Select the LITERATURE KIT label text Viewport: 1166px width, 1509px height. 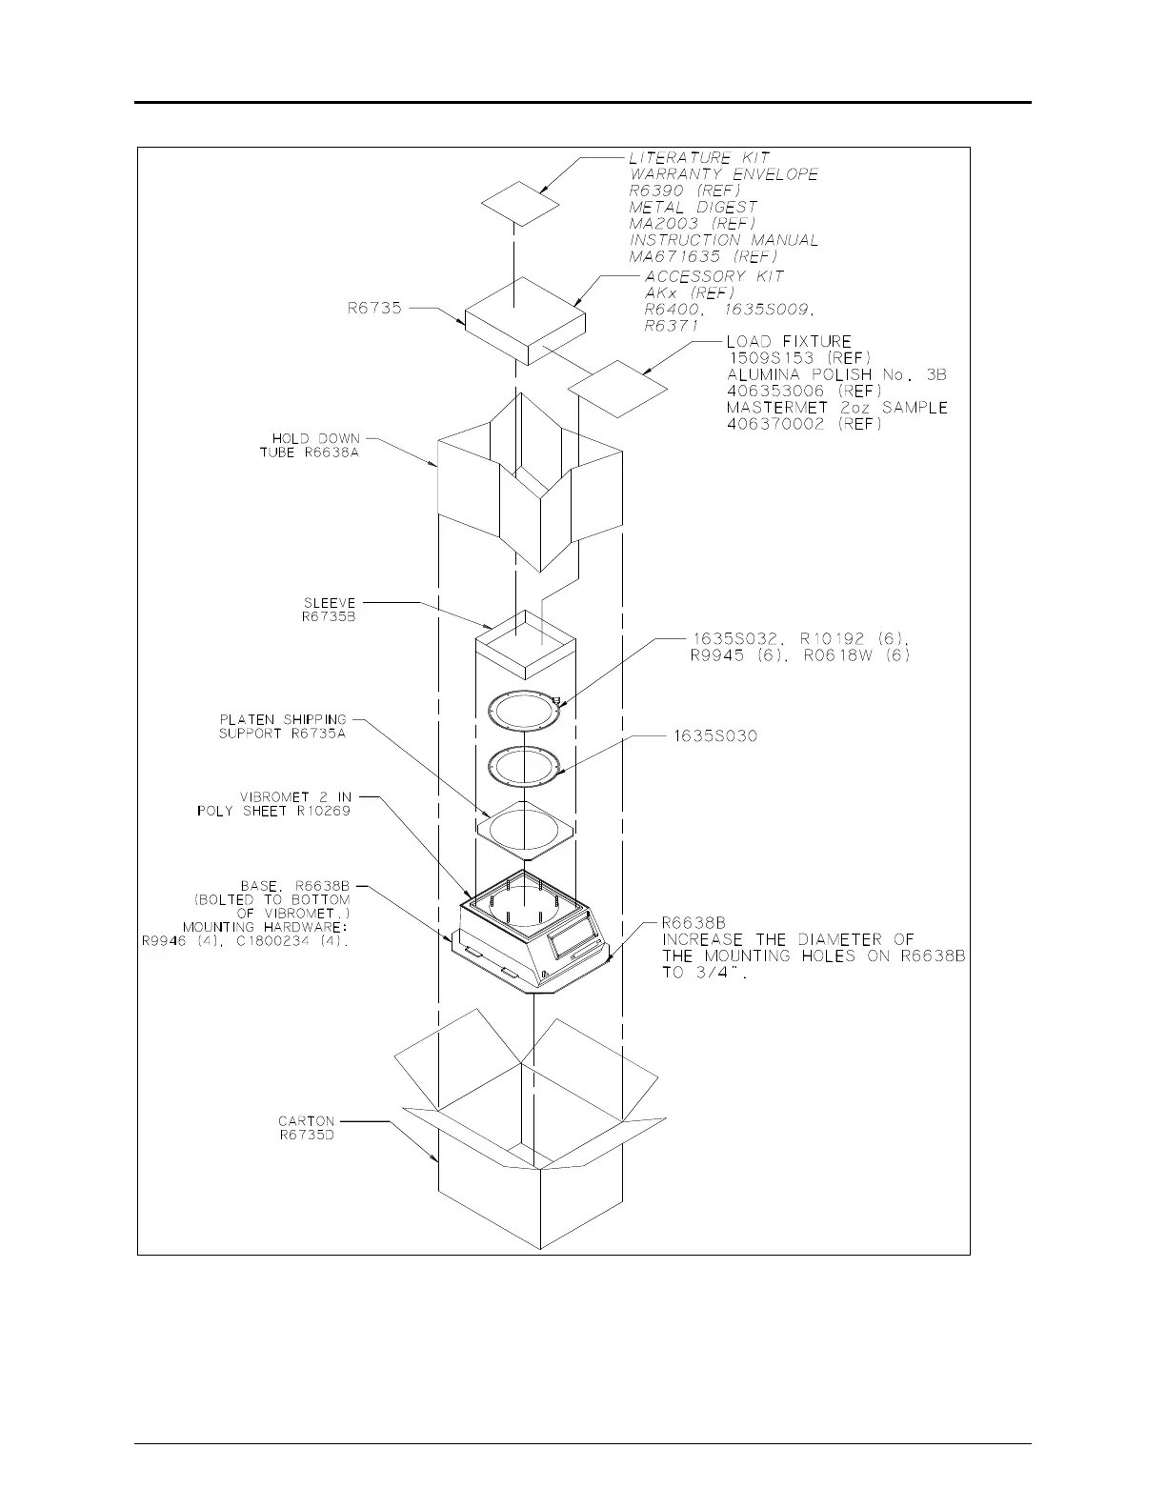click(x=699, y=157)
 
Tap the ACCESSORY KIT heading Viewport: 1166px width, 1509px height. click(x=714, y=276)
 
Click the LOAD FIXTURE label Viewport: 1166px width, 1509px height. click(x=789, y=341)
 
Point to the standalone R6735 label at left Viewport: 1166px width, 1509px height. click(x=374, y=308)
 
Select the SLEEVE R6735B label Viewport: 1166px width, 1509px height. click(x=329, y=610)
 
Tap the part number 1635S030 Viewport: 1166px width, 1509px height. click(x=714, y=736)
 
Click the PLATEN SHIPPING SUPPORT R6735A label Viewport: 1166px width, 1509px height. click(x=283, y=726)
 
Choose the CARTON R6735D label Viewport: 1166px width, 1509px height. click(x=307, y=1128)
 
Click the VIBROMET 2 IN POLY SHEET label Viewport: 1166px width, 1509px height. click(x=274, y=804)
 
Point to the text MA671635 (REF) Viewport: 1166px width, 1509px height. click(x=703, y=256)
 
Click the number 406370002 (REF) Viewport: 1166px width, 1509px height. click(x=804, y=424)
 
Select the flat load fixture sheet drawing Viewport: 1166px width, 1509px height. click(x=617, y=388)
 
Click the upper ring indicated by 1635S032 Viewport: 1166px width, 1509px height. click(x=523, y=713)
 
